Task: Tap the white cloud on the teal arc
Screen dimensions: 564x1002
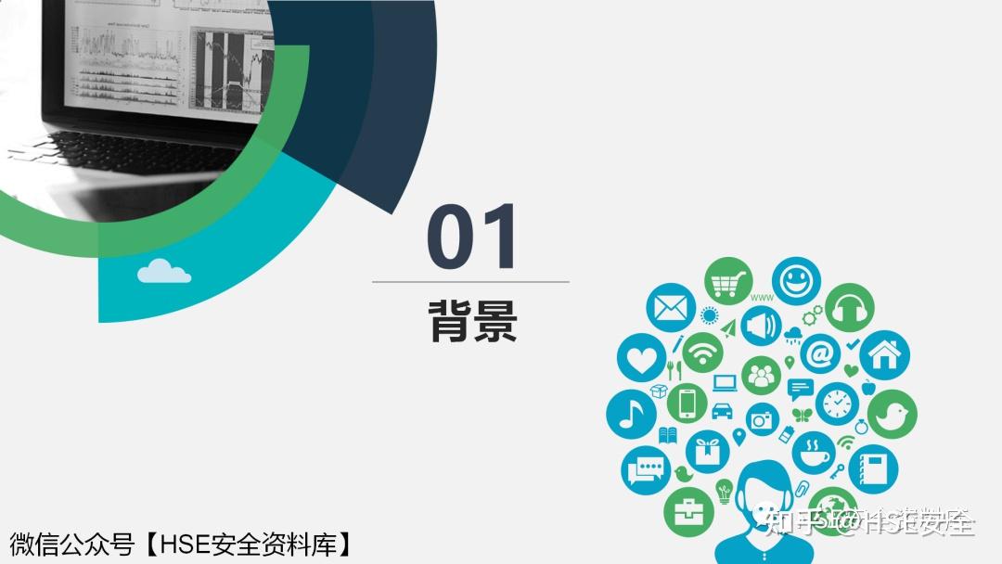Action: (x=164, y=271)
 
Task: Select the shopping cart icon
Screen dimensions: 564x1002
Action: (x=727, y=280)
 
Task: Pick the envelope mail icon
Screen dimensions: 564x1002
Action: (x=671, y=309)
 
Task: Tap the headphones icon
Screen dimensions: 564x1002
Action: (x=850, y=308)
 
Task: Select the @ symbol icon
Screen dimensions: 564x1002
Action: (x=820, y=352)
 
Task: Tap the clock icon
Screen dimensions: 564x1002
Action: (x=838, y=404)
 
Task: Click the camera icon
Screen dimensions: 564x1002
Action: (x=762, y=419)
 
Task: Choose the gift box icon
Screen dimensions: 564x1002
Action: (x=708, y=452)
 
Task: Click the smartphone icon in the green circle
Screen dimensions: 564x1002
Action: (x=687, y=403)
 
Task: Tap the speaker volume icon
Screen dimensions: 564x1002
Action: (x=761, y=326)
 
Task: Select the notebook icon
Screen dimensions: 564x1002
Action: (x=872, y=468)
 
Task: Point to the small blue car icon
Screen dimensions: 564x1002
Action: (x=722, y=410)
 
